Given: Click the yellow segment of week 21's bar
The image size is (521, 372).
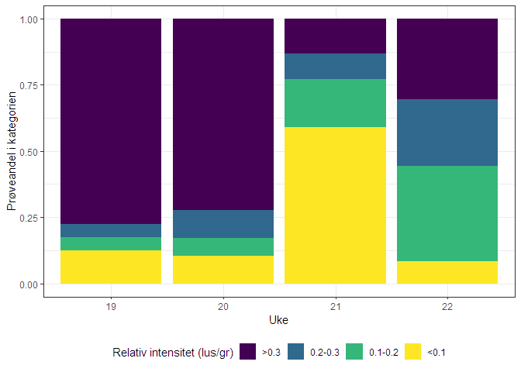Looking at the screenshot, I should [335, 205].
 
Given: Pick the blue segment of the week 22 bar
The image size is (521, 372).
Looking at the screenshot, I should [447, 133].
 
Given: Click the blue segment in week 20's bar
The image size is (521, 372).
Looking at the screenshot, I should [223, 224].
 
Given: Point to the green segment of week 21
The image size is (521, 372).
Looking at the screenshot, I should [335, 103].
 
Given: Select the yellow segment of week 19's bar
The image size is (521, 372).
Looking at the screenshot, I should [110, 267].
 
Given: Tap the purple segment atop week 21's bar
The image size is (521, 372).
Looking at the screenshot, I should [335, 36].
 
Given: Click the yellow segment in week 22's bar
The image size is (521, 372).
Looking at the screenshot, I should [447, 273].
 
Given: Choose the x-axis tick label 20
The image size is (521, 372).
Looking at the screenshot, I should [223, 306].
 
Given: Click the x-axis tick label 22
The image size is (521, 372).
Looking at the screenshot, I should [447, 306].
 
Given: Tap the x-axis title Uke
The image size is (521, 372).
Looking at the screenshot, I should [278, 320].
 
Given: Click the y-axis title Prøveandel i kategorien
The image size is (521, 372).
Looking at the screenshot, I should [12, 152].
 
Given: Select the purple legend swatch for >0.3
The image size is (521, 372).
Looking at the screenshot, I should [249, 352].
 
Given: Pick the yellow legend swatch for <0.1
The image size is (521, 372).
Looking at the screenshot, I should [413, 352].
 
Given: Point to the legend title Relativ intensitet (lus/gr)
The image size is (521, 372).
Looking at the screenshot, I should [173, 353].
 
